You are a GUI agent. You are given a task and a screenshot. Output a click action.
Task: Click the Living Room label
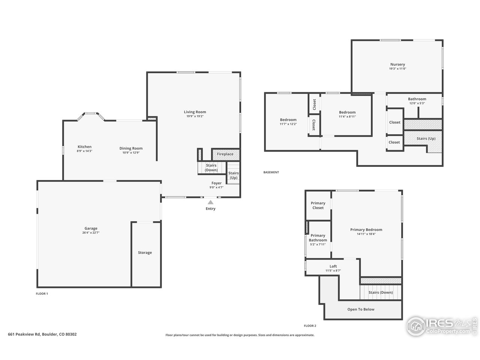click(x=195, y=112)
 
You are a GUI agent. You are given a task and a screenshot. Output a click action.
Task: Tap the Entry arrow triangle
click(x=211, y=202)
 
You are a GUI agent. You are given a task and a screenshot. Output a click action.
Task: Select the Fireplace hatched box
click(x=225, y=154)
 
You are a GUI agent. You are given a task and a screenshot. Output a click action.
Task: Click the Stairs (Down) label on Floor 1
click(x=211, y=168)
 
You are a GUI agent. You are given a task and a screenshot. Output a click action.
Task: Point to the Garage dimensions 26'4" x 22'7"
click(x=91, y=233)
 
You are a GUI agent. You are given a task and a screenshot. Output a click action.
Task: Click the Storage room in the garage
click(x=145, y=253)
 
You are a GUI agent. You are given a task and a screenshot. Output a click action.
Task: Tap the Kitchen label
click(x=84, y=147)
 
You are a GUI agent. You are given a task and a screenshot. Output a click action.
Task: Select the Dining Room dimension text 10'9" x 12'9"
click(x=131, y=153)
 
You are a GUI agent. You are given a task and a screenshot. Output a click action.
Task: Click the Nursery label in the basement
click(x=397, y=64)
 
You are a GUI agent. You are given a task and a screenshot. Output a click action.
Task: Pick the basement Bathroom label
click(x=417, y=99)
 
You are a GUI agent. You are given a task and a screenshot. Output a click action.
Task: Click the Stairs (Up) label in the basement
click(x=426, y=138)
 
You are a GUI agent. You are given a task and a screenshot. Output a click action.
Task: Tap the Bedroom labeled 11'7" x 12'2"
click(x=288, y=120)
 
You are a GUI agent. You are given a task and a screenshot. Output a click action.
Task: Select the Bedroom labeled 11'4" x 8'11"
click(x=347, y=112)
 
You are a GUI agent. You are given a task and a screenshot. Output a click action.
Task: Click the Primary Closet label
click(x=318, y=205)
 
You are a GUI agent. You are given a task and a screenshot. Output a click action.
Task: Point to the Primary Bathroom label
click(x=318, y=238)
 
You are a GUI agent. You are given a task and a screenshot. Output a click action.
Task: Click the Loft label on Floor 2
click(x=333, y=266)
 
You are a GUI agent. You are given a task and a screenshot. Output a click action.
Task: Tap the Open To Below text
click(x=361, y=309)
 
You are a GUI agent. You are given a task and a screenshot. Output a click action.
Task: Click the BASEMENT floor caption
click(x=271, y=172)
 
